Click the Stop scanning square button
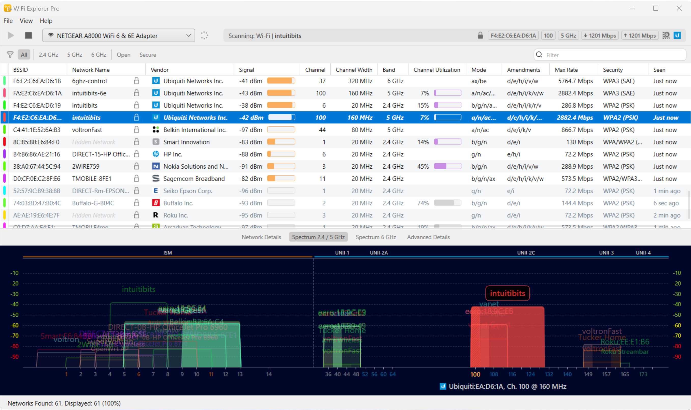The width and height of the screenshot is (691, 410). point(29,35)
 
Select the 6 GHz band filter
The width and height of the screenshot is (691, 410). point(99,55)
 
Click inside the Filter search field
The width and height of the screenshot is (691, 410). point(614,55)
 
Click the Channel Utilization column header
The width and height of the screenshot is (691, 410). point(437,70)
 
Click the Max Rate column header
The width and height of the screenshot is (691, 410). point(566,70)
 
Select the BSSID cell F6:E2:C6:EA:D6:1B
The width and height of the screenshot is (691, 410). point(37,81)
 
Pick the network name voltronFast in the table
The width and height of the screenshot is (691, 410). point(87,130)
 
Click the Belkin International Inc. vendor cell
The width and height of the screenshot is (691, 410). point(195,130)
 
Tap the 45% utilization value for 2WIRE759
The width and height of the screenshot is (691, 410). point(423,167)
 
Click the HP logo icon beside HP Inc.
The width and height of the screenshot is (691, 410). point(156,154)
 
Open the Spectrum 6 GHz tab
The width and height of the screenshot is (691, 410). point(376,237)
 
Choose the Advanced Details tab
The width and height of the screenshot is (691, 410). point(428,237)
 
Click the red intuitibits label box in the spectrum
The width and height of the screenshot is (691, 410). point(507,293)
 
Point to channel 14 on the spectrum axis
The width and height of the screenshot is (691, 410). point(269,374)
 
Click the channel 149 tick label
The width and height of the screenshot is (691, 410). point(588,374)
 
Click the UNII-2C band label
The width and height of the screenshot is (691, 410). point(526,253)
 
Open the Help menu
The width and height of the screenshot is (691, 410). point(46,21)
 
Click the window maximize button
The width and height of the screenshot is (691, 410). point(656,8)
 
